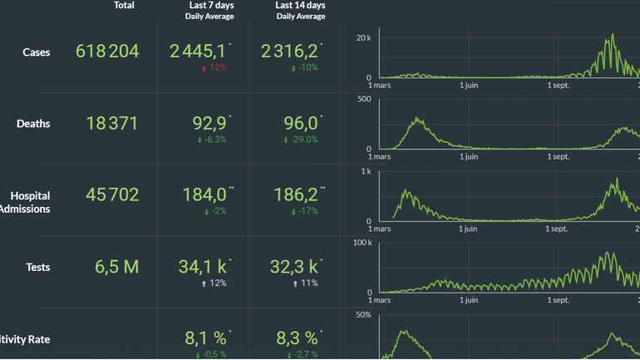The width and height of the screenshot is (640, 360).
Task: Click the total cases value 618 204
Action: [107, 52]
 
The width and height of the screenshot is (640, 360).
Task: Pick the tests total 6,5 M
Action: [117, 267]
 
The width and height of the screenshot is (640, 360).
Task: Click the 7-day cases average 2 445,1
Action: [198, 52]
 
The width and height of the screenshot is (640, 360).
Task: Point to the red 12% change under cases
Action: [214, 68]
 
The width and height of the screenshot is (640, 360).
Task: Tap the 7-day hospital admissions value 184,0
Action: [204, 195]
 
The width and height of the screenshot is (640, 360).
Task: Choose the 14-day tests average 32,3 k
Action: [295, 267]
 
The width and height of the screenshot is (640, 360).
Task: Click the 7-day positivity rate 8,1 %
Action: [205, 338]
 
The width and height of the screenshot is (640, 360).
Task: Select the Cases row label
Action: [37, 52]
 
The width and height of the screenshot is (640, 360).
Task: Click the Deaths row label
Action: [33, 124]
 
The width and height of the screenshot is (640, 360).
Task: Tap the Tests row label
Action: [38, 267]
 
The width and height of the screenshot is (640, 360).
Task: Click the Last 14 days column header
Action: [300, 6]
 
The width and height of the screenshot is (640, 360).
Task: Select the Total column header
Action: [124, 6]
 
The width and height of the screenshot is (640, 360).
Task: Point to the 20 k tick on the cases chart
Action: [362, 38]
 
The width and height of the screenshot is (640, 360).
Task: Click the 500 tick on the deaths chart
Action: [364, 100]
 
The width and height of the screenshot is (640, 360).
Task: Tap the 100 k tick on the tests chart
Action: [362, 243]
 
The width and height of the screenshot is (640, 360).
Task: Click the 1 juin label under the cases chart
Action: [470, 84]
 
